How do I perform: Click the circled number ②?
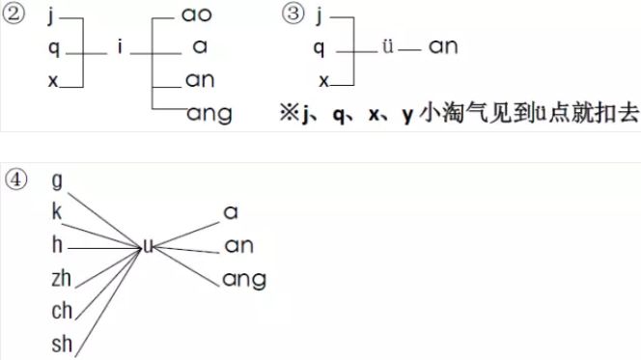14,18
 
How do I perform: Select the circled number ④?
14,180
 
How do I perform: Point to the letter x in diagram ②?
52,81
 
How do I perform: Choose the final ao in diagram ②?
199,15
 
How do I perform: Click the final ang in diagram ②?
209,113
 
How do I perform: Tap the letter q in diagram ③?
319,47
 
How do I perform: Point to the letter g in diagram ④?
56,180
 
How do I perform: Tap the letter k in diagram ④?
56,212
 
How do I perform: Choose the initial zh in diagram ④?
61,279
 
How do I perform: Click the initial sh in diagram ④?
61,345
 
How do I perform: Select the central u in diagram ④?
148,246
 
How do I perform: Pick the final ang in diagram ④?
243,280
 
